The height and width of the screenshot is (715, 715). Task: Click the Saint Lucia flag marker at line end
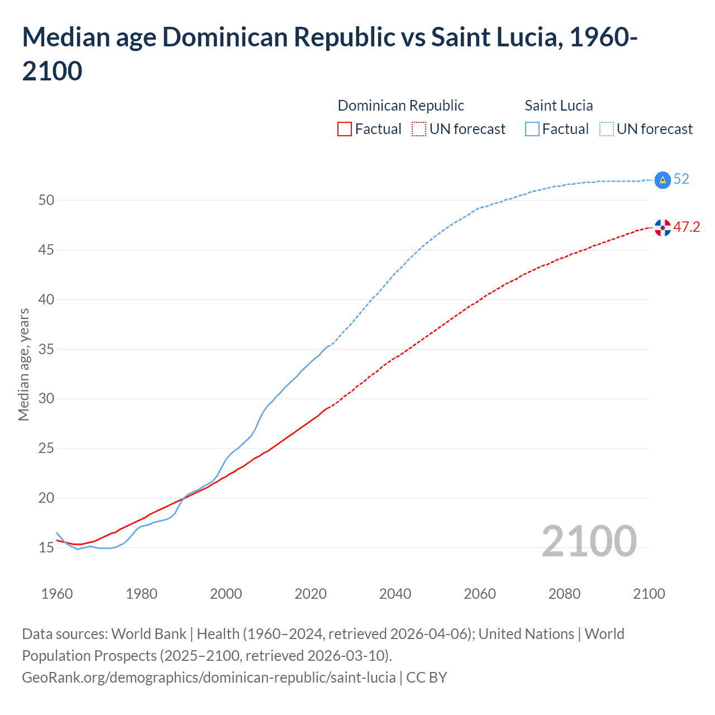[662, 180]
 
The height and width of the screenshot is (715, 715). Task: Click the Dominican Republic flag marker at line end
[662, 227]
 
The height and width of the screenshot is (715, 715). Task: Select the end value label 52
[681, 179]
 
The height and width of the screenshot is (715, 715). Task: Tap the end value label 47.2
[687, 227]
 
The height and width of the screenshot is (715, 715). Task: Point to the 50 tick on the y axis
[46, 200]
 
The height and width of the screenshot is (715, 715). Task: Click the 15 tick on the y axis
[46, 547]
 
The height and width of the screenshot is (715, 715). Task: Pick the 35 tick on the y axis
[46, 349]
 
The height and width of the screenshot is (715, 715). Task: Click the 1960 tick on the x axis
[57, 594]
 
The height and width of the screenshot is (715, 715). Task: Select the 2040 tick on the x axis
[395, 594]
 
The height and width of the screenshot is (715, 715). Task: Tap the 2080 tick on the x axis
[564, 594]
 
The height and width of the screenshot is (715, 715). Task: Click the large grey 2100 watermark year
[589, 541]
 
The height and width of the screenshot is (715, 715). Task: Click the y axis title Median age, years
[23, 364]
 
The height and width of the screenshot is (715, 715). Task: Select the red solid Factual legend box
[345, 130]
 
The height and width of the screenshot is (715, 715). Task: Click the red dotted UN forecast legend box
[419, 130]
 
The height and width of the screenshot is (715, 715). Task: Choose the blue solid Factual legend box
[532, 130]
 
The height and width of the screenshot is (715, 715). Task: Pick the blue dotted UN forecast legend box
[606, 130]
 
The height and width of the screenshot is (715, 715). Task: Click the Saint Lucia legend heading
[559, 106]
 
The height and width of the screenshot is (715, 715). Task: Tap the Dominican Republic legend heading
[401, 106]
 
